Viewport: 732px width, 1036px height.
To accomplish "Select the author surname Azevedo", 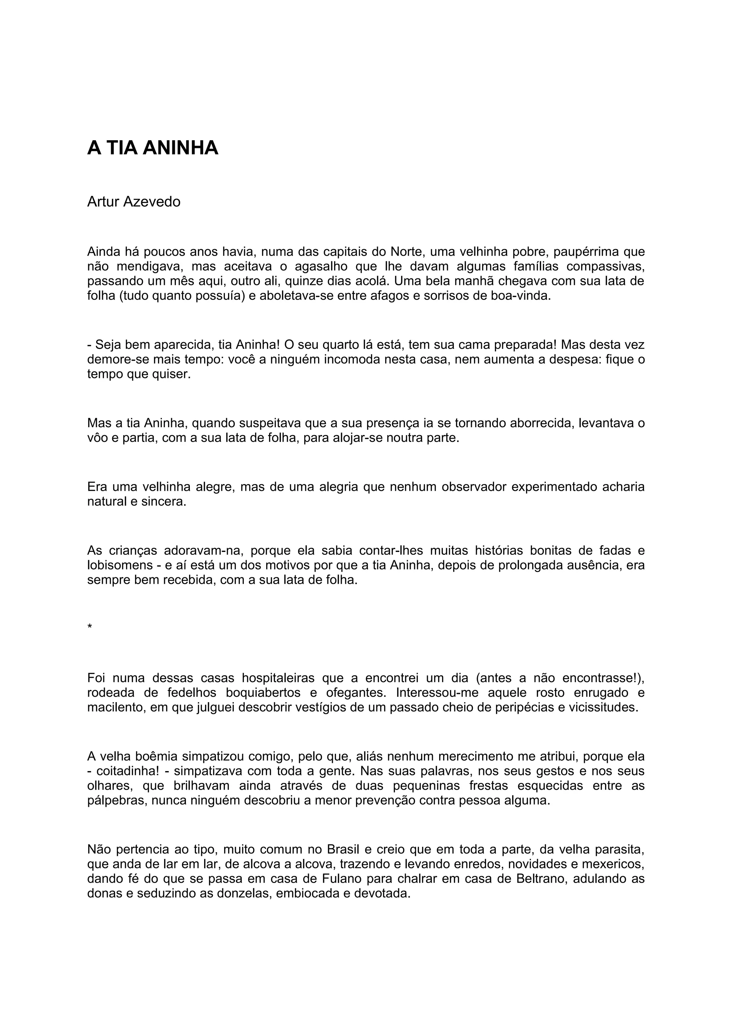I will tap(152, 202).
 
